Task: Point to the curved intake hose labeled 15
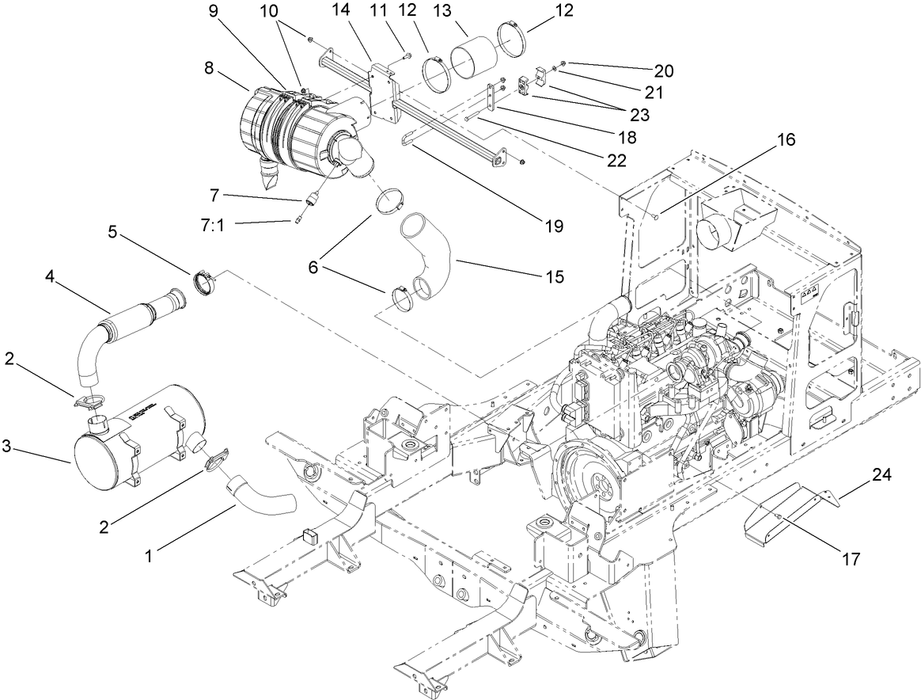(x=431, y=253)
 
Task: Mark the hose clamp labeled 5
(x=207, y=282)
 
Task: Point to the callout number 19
(x=553, y=226)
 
